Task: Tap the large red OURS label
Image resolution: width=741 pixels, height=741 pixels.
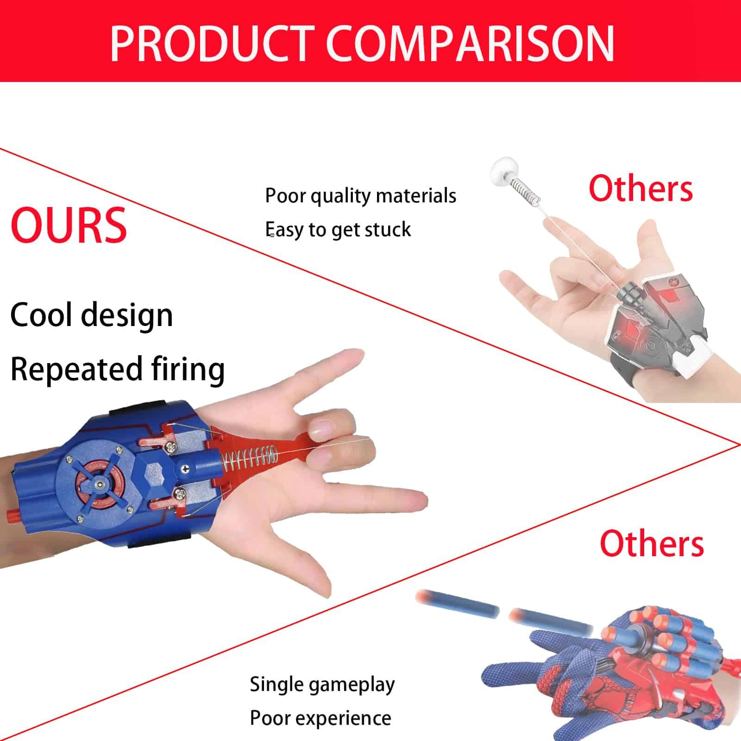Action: [x=69, y=225]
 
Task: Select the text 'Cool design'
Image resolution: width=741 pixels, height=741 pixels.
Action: [x=91, y=315]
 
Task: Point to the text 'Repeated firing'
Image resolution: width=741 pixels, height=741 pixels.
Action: [x=117, y=370]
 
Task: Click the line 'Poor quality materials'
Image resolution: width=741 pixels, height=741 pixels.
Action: [x=360, y=195]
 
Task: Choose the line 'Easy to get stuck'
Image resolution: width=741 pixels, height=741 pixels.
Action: [x=338, y=230]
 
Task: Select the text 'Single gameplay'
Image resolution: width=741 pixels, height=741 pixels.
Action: [x=322, y=684]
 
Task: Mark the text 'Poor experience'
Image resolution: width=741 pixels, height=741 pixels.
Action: [x=320, y=718]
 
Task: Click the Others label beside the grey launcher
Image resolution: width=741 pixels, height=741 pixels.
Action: [x=641, y=188]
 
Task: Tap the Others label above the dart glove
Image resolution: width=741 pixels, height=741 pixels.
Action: [x=652, y=543]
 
